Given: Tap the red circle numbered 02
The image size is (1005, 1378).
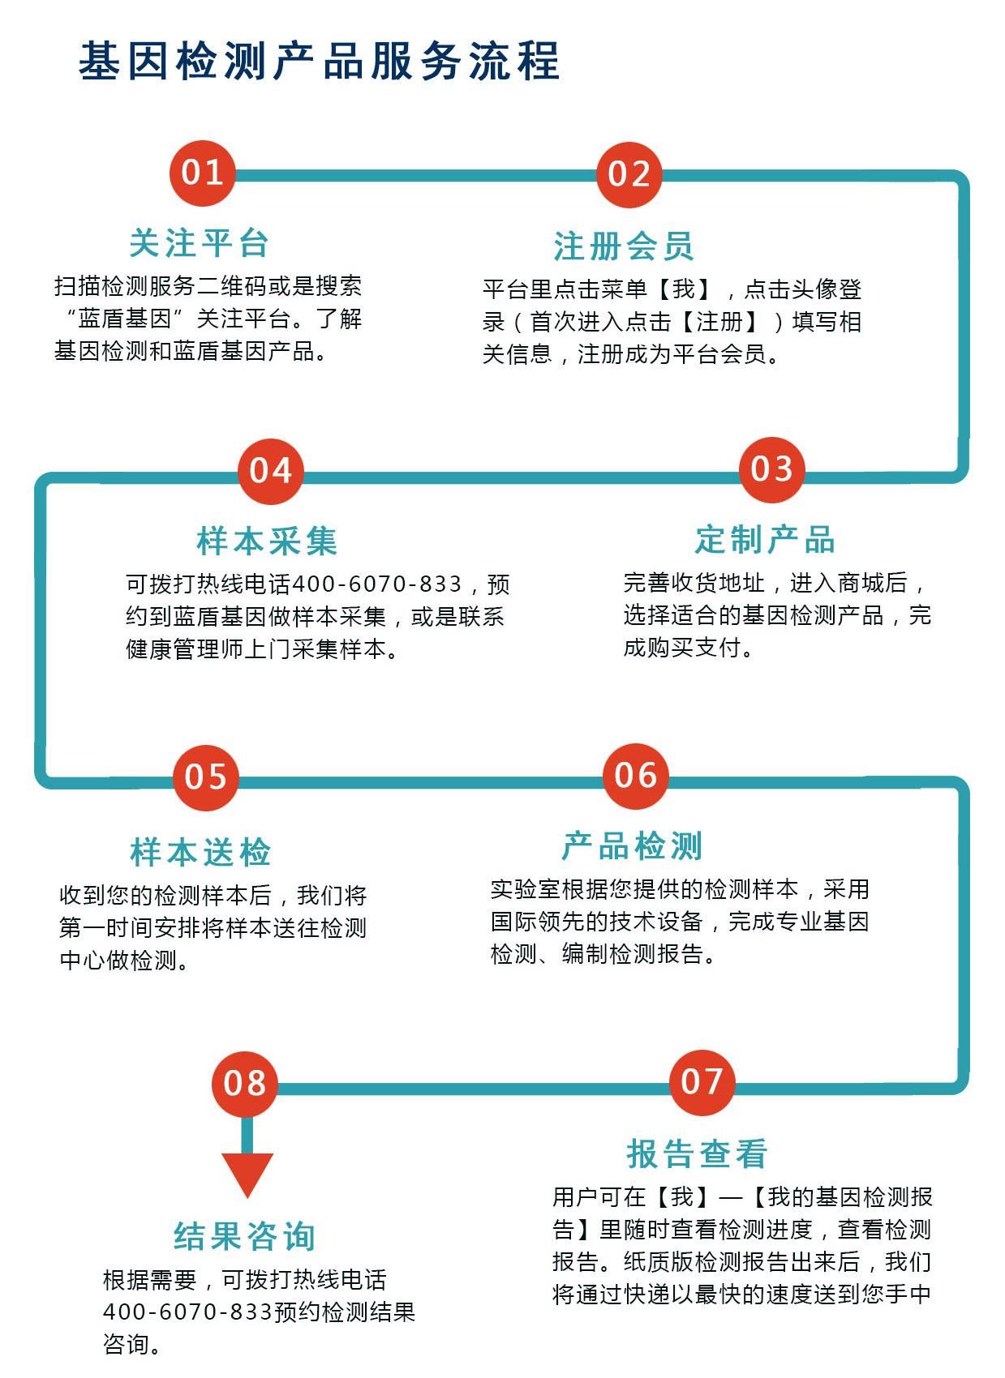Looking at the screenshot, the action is (x=629, y=175).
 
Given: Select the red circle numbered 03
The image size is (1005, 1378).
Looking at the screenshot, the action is (x=771, y=470).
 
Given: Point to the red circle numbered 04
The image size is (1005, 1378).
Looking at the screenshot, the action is (x=271, y=471).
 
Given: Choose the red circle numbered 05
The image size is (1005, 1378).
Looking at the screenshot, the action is (x=205, y=777).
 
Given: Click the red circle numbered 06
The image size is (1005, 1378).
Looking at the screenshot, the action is (x=636, y=777).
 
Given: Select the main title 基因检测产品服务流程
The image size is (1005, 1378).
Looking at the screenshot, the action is (x=319, y=61).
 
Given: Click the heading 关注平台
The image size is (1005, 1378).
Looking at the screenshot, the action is (x=199, y=243).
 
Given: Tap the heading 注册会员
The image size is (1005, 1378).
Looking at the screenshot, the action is (x=624, y=246).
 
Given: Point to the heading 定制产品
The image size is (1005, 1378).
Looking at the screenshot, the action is (x=765, y=540).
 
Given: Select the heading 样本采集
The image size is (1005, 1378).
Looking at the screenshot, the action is (x=267, y=541).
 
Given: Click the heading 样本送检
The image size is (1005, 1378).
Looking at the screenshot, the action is (x=200, y=853).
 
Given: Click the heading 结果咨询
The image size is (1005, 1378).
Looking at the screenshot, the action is (x=245, y=1236).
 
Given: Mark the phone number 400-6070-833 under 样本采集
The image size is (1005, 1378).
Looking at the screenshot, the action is (x=376, y=584).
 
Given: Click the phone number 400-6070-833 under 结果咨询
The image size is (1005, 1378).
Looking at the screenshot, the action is (x=187, y=1312).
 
